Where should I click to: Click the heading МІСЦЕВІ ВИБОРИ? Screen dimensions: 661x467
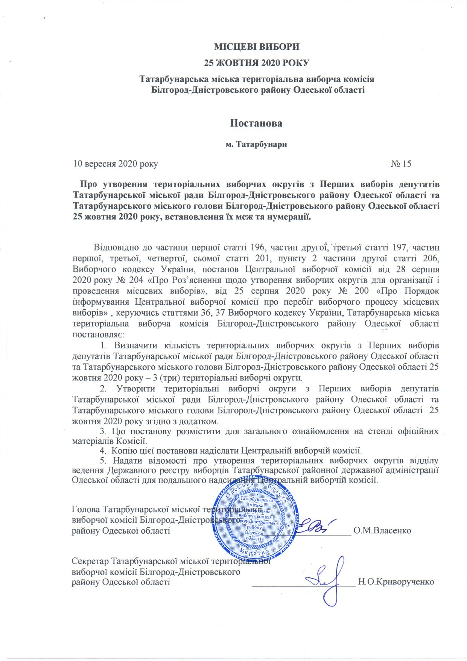(x=257, y=47)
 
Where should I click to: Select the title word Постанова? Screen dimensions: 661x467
(x=256, y=123)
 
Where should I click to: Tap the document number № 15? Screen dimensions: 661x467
(x=401, y=163)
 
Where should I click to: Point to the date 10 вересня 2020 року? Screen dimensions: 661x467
(x=115, y=164)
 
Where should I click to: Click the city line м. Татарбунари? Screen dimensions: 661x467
(x=256, y=144)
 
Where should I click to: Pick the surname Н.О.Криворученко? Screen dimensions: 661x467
(x=396, y=582)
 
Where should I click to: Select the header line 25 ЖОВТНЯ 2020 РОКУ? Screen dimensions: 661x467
(x=257, y=63)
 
